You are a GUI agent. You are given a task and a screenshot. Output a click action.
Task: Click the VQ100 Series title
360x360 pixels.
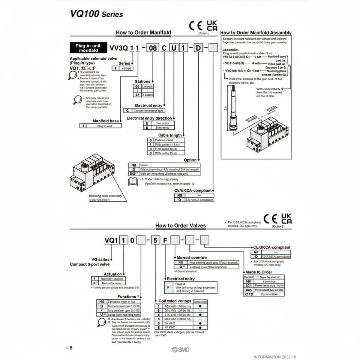click(x=96, y=14)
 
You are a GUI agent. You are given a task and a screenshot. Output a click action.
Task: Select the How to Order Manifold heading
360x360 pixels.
click(x=143, y=33)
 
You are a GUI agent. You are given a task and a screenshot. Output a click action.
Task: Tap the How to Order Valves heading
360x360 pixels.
click(x=180, y=226)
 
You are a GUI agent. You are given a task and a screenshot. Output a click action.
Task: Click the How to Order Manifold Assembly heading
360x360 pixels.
click(x=256, y=33)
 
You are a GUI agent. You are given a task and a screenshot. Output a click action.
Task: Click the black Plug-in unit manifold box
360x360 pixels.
click(x=88, y=48)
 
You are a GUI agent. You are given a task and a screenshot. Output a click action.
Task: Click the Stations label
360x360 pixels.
click(x=142, y=81)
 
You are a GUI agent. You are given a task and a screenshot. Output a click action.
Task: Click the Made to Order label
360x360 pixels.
click(x=258, y=272)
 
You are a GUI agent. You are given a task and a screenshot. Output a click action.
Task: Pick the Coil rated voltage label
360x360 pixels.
click(x=175, y=301)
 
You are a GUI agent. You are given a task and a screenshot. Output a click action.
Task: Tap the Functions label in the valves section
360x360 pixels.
click(x=127, y=297)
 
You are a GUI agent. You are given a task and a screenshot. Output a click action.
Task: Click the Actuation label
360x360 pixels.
click(x=113, y=274)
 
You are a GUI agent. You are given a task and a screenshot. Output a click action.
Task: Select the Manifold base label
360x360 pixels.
click(x=106, y=121)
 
